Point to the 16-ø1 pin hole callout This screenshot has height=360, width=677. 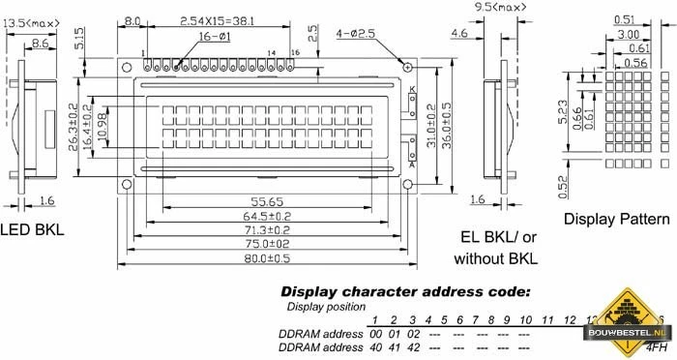(214, 36)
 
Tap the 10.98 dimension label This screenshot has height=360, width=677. (103, 123)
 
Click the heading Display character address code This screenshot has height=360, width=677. (405, 291)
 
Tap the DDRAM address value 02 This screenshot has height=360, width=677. (414, 333)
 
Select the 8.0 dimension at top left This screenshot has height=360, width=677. (132, 19)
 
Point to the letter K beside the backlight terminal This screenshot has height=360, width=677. (412, 91)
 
